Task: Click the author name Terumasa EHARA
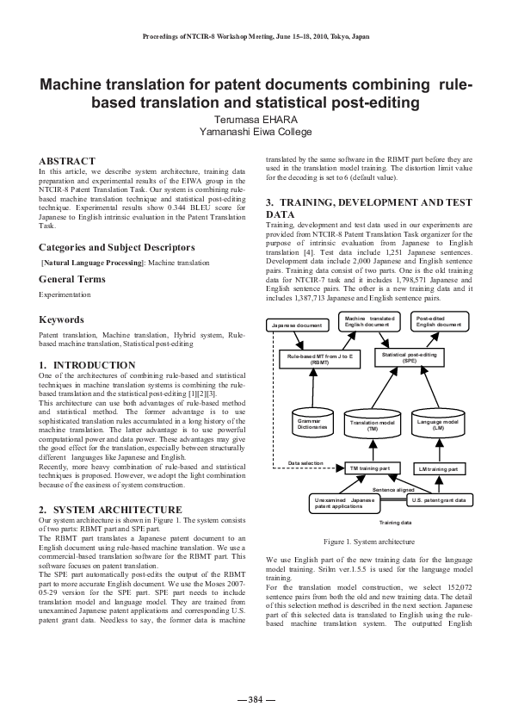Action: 256,120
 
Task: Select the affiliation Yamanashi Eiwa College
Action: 256,133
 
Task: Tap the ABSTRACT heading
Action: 67,161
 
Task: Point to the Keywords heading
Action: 61,319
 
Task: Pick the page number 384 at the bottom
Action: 256,699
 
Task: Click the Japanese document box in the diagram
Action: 297,325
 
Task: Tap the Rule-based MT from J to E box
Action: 320,357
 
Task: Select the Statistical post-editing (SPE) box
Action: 409,356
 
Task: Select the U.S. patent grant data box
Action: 438,499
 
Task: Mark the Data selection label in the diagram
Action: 305,463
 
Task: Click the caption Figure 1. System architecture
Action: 369,542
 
